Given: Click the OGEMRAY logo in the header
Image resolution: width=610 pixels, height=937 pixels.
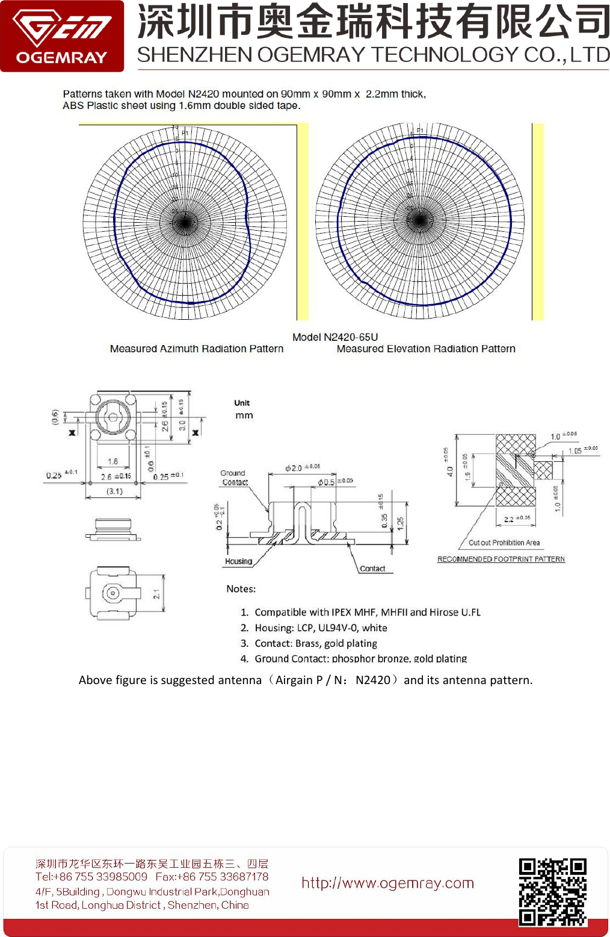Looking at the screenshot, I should [62, 36].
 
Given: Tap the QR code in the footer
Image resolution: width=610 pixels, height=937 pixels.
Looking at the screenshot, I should [552, 892].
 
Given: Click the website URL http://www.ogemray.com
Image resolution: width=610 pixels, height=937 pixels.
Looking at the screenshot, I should [387, 883].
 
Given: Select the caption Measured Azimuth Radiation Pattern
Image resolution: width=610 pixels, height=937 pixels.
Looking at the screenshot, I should [196, 349].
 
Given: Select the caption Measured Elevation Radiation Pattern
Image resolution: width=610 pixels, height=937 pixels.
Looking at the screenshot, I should [425, 349].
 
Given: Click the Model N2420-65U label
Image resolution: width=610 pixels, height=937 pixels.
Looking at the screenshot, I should [335, 337].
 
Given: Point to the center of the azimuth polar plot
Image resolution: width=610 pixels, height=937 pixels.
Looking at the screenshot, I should [185, 222].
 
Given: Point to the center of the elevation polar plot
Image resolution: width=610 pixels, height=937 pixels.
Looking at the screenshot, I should [419, 220].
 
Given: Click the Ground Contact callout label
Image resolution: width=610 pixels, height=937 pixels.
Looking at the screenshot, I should [233, 478].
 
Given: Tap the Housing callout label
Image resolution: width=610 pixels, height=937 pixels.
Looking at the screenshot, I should [238, 561].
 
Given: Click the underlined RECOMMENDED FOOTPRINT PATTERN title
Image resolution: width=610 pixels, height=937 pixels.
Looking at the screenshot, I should [501, 559].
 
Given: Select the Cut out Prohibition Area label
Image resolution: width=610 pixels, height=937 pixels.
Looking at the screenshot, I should [504, 543].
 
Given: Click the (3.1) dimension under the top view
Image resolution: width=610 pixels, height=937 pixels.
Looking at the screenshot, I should [114, 491].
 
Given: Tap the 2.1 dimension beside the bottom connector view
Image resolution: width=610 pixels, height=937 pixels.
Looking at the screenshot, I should [156, 594].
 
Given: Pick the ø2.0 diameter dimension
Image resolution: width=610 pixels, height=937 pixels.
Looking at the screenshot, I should [295, 468].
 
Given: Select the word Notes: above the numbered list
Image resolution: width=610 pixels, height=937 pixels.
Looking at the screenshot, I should [241, 589].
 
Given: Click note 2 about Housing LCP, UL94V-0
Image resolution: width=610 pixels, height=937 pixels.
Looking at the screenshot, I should [320, 627].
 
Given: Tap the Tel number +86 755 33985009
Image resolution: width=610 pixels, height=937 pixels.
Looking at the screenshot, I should [91, 877].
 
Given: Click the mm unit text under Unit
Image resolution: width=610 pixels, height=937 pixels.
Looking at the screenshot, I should [244, 416].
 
